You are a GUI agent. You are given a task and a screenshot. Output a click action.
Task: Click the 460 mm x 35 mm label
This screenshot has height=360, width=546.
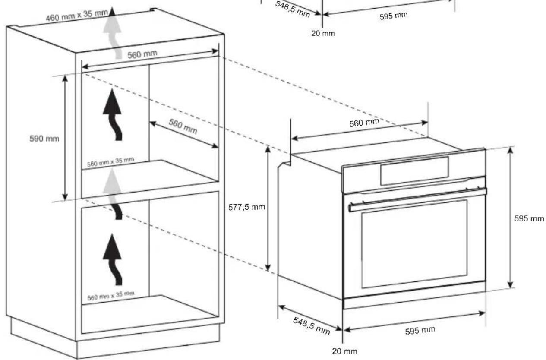coord(77,16)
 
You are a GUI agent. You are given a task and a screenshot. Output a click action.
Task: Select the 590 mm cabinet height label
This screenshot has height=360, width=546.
coord(44,139)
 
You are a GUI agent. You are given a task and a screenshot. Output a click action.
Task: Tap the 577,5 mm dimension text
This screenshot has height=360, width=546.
coord(246,207)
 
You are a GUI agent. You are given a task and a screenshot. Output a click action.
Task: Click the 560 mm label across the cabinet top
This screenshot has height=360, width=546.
coord(142,54)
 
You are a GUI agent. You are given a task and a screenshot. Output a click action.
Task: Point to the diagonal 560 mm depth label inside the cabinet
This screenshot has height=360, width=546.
coord(183,126)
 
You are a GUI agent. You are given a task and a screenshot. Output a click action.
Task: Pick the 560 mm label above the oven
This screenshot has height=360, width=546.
coord(364,123)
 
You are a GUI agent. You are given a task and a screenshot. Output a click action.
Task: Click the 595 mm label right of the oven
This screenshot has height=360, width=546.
coord(529,218)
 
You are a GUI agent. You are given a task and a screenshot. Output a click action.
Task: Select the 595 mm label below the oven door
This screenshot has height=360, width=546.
coord(420,331)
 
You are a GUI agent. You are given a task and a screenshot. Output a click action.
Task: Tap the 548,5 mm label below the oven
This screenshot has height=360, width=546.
coord(312,325)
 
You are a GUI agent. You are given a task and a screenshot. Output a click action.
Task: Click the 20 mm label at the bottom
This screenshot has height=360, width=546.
coord(345,351)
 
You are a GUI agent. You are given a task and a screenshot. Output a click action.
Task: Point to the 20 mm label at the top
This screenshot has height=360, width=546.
coord(323,33)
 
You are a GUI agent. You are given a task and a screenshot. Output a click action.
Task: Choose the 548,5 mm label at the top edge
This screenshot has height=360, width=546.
coord(293,9)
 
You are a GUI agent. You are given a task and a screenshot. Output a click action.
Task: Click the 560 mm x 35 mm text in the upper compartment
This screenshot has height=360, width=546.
coord(110,162)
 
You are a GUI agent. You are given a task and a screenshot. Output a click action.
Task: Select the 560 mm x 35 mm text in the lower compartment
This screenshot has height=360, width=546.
coord(110,296)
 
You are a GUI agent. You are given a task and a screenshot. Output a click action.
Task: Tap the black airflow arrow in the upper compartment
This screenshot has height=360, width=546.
coord(113,114)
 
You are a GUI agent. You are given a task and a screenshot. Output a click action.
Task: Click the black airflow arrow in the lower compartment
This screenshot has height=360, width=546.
coord(113,259)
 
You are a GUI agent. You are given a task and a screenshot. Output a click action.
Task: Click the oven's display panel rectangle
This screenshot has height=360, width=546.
coord(414,171)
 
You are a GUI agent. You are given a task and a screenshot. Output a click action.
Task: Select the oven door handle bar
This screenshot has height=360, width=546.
coord(417,200)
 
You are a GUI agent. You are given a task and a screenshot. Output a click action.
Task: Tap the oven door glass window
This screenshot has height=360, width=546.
coord(414,244)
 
